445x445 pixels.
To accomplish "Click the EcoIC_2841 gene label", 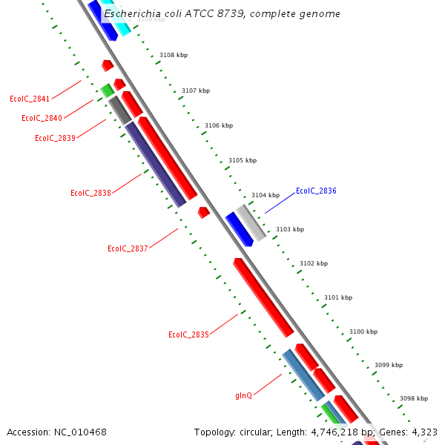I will (30, 99).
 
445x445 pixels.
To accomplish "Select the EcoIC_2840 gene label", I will (42, 118).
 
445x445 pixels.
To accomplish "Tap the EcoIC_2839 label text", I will (55, 138).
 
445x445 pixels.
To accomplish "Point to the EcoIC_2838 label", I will (90, 193).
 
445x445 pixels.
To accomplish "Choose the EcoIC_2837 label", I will (128, 248).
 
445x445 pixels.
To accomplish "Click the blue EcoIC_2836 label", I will (316, 191).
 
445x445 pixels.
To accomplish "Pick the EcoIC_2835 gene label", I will (188, 334).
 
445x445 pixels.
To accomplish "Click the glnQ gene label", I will (243, 395).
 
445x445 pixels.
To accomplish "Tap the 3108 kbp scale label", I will (174, 55).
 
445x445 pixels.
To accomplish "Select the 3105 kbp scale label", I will (242, 160).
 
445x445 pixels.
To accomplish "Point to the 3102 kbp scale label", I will (313, 263).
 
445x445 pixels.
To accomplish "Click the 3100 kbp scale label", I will (363, 332).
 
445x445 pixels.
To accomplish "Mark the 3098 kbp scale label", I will (413, 398).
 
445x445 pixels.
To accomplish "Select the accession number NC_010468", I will (80, 432).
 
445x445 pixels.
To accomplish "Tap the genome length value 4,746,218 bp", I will (342, 432).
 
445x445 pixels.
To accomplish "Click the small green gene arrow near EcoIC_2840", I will (108, 90).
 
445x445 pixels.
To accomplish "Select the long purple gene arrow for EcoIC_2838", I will (155, 164).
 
